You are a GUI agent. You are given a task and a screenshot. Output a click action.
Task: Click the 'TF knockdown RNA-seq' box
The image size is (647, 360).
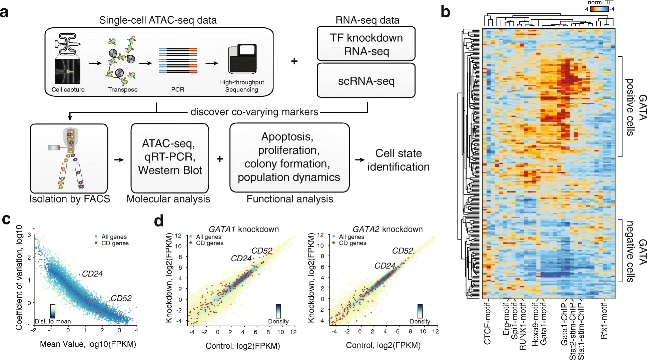coord(366,44)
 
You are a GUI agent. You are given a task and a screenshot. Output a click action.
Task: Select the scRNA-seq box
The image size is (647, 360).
coord(366,81)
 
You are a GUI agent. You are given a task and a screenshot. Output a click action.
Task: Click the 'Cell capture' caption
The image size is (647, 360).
coord(68,89)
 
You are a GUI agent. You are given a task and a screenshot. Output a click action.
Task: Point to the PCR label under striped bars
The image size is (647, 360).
coord(177,89)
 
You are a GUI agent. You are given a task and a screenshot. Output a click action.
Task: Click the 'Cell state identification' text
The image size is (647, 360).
coord(398,160)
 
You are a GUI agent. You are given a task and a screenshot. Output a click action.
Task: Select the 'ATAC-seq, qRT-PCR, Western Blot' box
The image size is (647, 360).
coord(170,157)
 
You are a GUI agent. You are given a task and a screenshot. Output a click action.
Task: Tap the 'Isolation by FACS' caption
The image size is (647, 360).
coord(70,199)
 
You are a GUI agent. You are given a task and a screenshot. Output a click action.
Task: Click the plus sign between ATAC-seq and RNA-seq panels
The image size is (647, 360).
coord(294,61)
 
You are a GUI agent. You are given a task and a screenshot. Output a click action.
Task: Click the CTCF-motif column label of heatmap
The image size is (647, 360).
coord(487,323)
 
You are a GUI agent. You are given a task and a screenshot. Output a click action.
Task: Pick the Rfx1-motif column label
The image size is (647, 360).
coord(604,321)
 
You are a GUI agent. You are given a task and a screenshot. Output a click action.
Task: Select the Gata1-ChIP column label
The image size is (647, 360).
coord(564,324)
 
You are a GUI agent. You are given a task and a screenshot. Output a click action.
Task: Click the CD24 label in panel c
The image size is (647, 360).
coord(92,274)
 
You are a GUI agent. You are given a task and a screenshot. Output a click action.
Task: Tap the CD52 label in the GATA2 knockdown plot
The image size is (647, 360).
coord(403,251)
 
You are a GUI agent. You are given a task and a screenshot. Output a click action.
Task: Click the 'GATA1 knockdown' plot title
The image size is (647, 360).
coord(243,230)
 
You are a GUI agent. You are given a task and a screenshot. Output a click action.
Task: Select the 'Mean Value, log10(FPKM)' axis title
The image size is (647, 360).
coord(88,344)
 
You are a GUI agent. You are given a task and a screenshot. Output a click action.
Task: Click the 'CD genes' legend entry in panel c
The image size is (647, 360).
coord(115,243)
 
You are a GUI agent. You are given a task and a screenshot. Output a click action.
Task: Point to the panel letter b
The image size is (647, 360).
coord(445,12)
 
